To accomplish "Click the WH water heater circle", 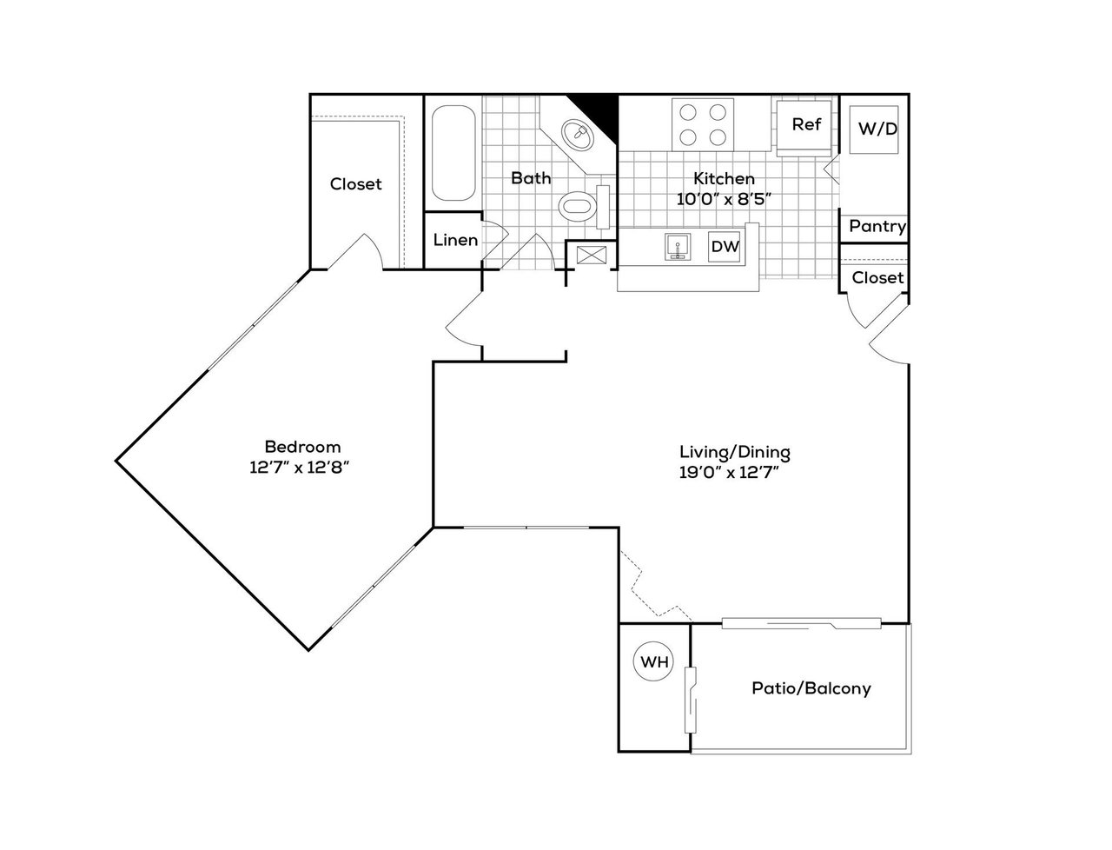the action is (x=653, y=661).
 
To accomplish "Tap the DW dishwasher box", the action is (x=725, y=246).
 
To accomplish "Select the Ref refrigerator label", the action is (x=806, y=124).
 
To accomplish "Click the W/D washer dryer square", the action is (x=874, y=129).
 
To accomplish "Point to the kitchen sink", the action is (x=678, y=247).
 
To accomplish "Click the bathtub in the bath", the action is (x=453, y=153).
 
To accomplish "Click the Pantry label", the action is (x=877, y=226).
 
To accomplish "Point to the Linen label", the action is (x=455, y=240).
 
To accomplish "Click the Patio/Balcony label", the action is (x=811, y=688).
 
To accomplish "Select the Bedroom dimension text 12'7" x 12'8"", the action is (x=300, y=468).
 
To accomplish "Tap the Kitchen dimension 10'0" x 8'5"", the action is (x=724, y=199).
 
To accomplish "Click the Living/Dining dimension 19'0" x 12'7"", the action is (x=729, y=473).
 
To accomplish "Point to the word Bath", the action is (x=531, y=178).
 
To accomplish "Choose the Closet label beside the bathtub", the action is (x=355, y=184).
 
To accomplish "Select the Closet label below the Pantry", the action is (x=877, y=278).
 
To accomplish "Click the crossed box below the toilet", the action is (x=592, y=255).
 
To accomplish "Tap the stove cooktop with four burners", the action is (x=702, y=124).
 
